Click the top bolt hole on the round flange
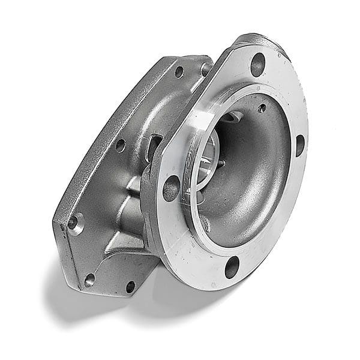click(258, 63)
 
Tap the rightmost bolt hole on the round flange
click(299, 145)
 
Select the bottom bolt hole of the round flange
click(231, 268)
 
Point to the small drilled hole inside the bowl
click(262, 108)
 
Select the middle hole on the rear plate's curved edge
click(121, 145)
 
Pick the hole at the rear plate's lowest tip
click(89, 279)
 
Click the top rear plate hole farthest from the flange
click(178, 71)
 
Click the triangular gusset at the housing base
click(123, 243)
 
